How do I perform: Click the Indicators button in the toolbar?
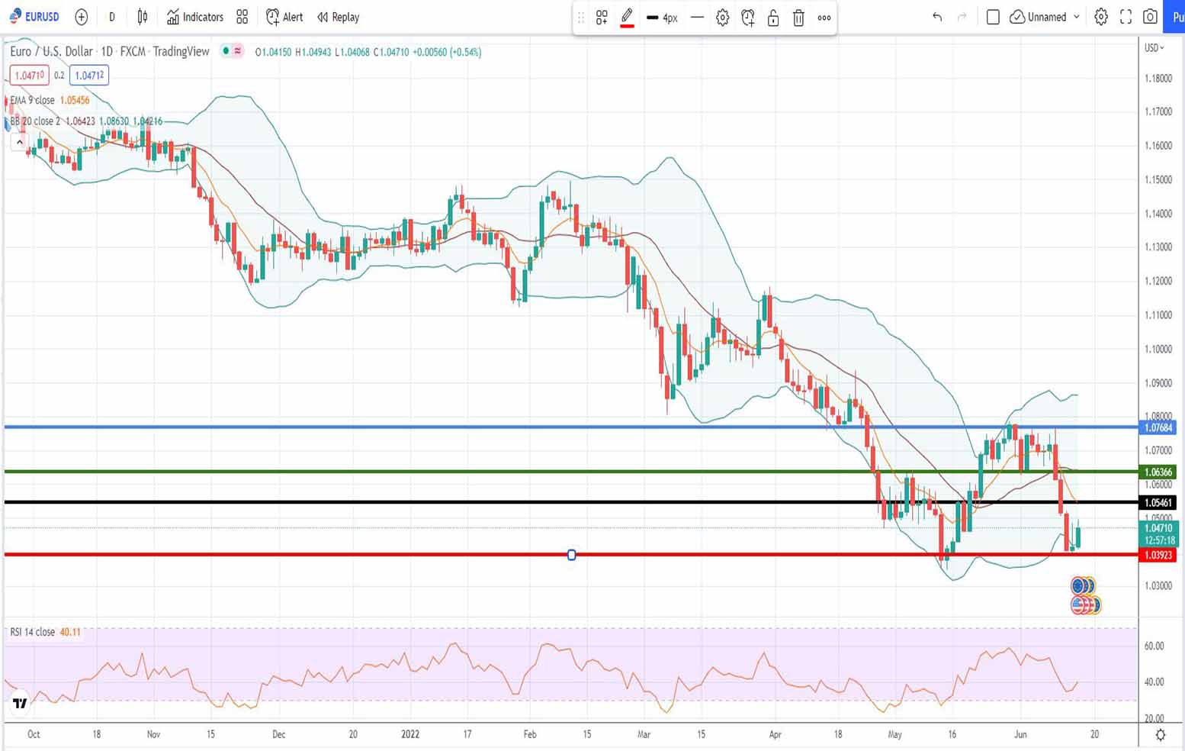(195, 17)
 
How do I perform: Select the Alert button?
(284, 17)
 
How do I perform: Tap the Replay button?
(338, 17)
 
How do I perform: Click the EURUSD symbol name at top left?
(41, 17)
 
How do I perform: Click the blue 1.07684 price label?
(1158, 427)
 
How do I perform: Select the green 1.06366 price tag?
(1158, 472)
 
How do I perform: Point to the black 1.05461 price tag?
(1158, 502)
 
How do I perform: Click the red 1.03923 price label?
(1158, 555)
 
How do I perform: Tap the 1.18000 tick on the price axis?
(1158, 78)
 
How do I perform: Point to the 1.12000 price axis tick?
(1158, 281)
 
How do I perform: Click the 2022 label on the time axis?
(410, 734)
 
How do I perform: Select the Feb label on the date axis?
(530, 734)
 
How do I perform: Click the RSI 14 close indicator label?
(33, 632)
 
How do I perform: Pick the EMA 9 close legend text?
(33, 100)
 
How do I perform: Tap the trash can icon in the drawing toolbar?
(798, 18)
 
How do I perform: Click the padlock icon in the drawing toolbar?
(773, 18)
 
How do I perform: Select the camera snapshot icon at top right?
(1150, 17)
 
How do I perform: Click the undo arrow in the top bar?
(937, 17)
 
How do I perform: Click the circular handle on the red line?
(572, 555)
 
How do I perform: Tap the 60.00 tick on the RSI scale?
(1154, 646)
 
